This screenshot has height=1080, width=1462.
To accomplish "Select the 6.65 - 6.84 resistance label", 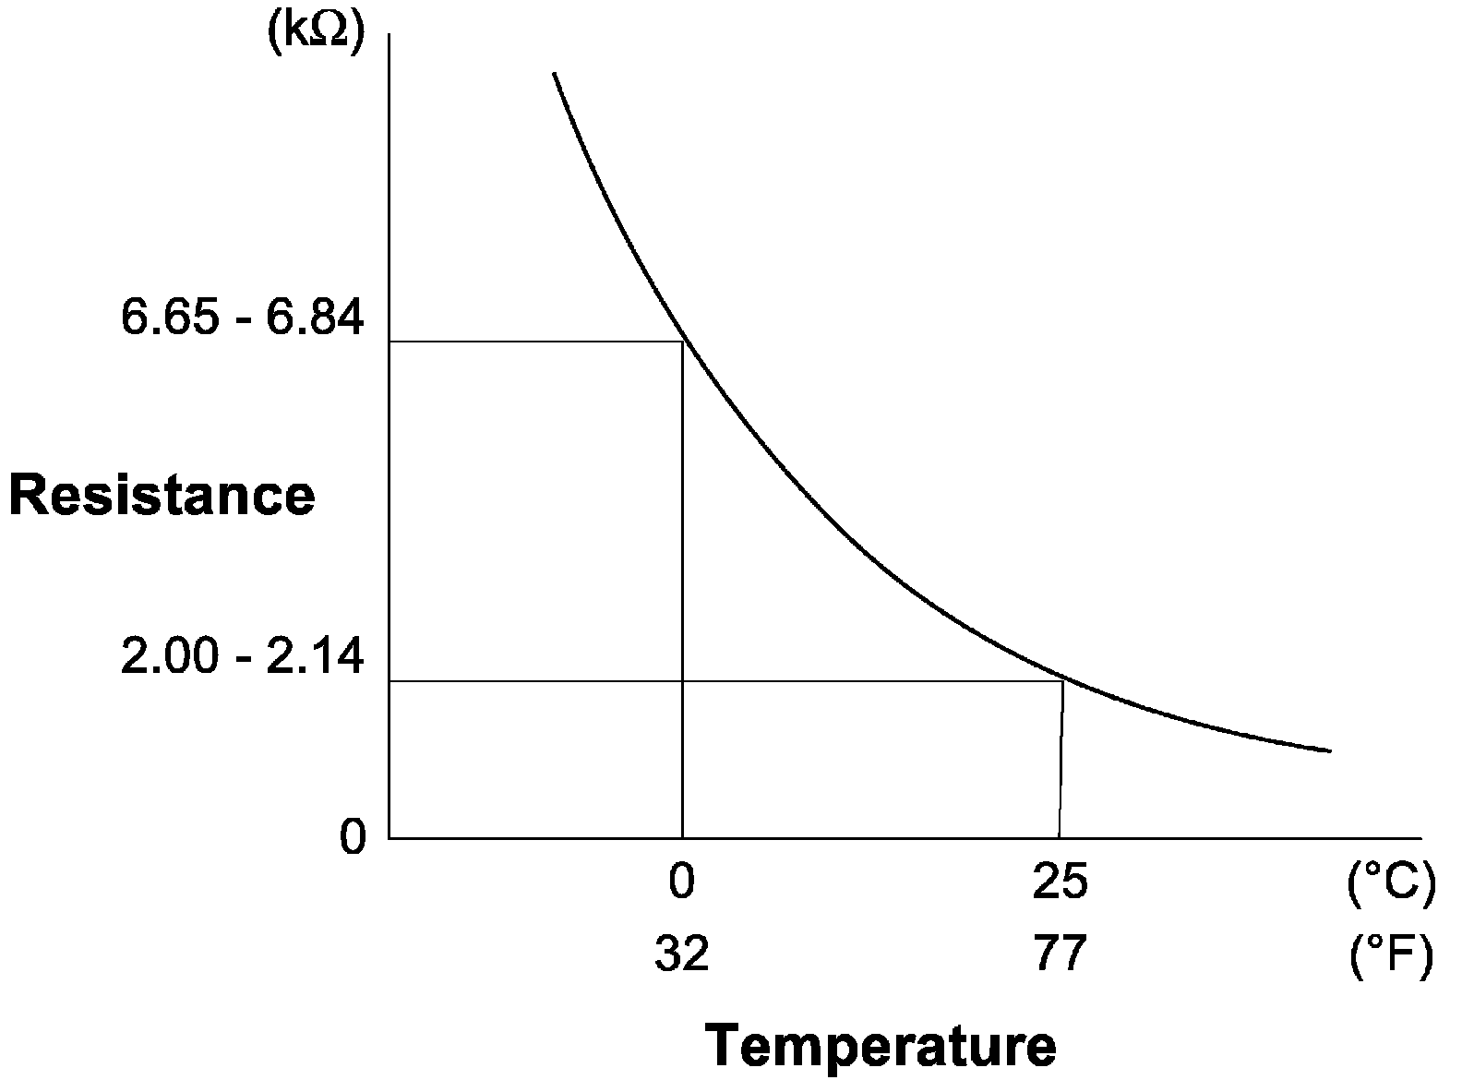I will pyautogui.click(x=242, y=318).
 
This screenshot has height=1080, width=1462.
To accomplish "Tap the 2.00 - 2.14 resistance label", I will pyautogui.click(x=242, y=657).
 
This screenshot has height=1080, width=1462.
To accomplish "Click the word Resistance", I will pyautogui.click(x=162, y=495).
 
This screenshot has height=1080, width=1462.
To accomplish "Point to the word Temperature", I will pyautogui.click(x=881, y=1047).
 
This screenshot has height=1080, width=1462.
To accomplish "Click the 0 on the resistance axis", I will pyautogui.click(x=353, y=838).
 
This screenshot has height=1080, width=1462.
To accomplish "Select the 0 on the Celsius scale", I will pyautogui.click(x=681, y=882).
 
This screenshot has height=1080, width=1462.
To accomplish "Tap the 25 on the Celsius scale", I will pyautogui.click(x=1060, y=882).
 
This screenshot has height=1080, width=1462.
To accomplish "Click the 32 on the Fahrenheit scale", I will pyautogui.click(x=681, y=954).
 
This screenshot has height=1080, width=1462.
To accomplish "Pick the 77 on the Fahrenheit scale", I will pyautogui.click(x=1060, y=954).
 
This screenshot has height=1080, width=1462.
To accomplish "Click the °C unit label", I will pyautogui.click(x=1391, y=882).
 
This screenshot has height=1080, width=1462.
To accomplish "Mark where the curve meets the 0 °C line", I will pyautogui.click(x=682, y=342).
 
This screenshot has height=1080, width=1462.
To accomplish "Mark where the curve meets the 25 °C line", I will pyautogui.click(x=1063, y=680).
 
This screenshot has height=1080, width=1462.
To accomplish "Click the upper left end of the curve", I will pyautogui.click(x=554, y=72).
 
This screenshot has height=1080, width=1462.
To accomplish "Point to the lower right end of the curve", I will pyautogui.click(x=1330, y=750).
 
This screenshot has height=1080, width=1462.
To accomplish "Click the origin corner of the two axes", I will pyautogui.click(x=389, y=838).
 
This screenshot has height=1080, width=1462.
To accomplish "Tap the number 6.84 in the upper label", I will pyautogui.click(x=315, y=318).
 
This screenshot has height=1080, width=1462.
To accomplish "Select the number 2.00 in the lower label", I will pyautogui.click(x=169, y=657).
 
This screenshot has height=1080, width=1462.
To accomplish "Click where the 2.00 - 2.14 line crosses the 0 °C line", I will pyautogui.click(x=682, y=680).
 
